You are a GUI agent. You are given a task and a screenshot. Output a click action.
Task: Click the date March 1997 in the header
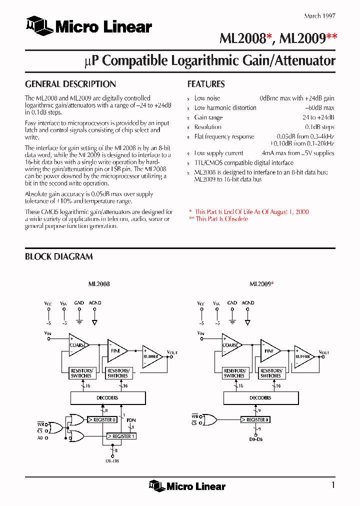[319, 16]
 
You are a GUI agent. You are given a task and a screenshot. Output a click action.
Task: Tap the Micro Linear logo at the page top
[89, 26]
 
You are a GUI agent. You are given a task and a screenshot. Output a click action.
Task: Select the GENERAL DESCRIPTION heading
[70, 84]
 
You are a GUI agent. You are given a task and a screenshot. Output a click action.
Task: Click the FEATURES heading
[206, 84]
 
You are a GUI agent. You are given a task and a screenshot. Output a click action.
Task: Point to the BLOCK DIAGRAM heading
[59, 256]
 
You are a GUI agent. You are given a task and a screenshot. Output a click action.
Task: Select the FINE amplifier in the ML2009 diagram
[269, 351]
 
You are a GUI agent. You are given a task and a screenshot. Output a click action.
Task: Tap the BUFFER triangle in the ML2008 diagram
[151, 356]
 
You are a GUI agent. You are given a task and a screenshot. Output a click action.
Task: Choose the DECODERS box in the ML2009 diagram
[260, 398]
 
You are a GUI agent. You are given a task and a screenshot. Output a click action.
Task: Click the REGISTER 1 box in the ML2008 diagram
[121, 436]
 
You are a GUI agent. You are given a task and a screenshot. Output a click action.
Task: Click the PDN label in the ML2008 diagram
[131, 420]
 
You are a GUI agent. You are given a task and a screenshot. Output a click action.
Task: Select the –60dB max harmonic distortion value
[319, 108]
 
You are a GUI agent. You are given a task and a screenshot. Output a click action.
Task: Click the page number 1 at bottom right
[333, 485]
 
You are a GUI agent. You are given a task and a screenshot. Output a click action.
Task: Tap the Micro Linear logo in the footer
[187, 486]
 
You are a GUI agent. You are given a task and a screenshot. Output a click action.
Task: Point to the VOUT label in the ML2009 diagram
[324, 352]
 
